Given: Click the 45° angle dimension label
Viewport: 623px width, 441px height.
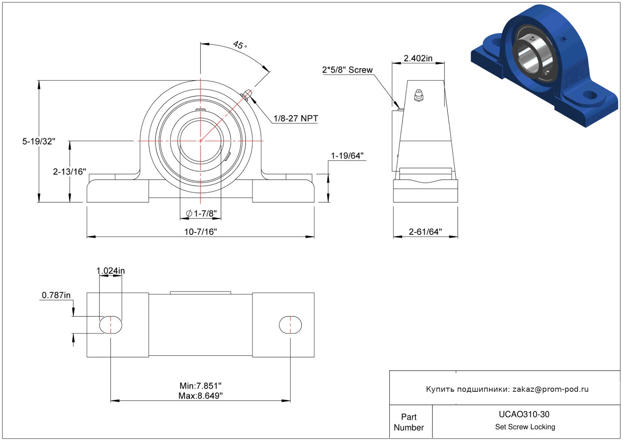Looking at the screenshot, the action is [x=239, y=45].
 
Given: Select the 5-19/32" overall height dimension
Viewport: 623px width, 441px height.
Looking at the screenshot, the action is [x=39, y=142].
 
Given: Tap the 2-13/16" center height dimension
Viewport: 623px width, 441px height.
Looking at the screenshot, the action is [x=70, y=172].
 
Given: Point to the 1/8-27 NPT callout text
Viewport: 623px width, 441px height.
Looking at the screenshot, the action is [x=296, y=118].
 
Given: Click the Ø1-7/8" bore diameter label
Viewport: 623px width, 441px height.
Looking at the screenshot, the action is [x=201, y=213].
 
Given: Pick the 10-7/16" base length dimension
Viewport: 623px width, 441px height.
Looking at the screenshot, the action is [x=200, y=232].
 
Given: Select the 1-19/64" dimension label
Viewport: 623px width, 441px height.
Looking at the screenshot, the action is [x=347, y=156].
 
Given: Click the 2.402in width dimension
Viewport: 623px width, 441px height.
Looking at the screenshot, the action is [x=418, y=58].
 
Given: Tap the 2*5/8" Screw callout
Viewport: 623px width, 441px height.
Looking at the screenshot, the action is [x=347, y=70].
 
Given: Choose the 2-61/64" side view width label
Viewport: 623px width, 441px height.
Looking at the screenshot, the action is [x=425, y=232].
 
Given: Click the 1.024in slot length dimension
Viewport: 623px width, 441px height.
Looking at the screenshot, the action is [x=110, y=271].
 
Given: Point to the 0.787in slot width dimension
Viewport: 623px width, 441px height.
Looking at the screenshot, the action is [x=56, y=295].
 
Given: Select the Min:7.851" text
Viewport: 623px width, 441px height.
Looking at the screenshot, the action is [x=200, y=386].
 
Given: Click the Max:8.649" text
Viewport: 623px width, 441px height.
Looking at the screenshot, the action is [x=200, y=396].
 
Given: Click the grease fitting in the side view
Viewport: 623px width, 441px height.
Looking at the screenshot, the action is [x=419, y=95].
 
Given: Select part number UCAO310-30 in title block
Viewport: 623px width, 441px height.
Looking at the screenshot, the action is [x=524, y=414].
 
